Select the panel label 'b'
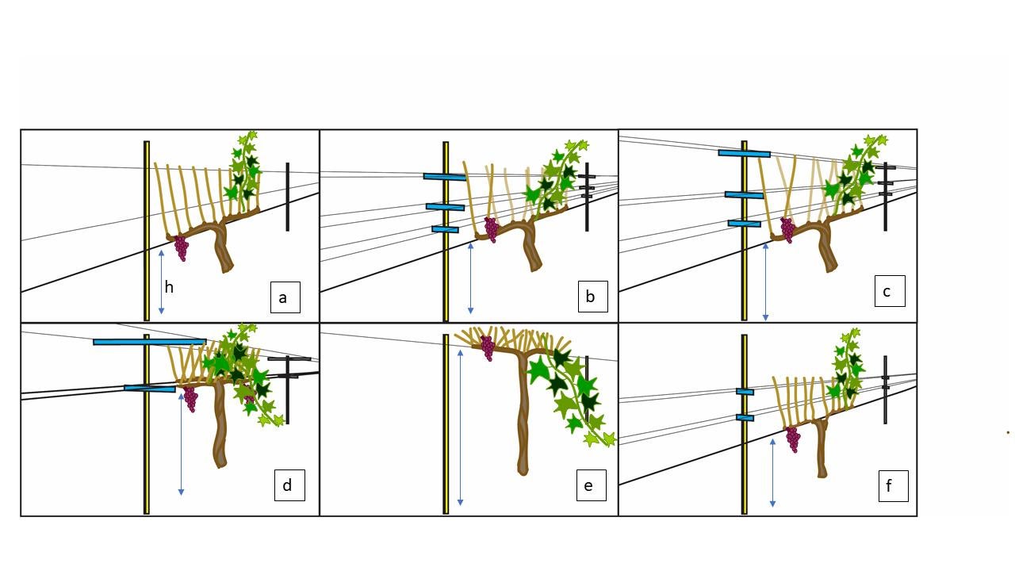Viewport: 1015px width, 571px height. pos(591,297)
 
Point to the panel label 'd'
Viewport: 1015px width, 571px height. pos(287,485)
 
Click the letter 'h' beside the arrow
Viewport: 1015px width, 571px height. pos(169,287)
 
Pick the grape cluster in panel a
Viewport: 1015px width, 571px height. pos(182,248)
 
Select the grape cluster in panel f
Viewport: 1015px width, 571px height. pos(793,439)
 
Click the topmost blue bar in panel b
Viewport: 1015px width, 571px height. pos(444,176)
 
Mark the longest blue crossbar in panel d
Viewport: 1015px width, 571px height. pos(149,342)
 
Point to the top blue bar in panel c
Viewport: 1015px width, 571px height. pos(744,153)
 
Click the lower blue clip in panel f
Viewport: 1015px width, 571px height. pos(745,417)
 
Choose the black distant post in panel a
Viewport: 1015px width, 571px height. pos(287,197)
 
